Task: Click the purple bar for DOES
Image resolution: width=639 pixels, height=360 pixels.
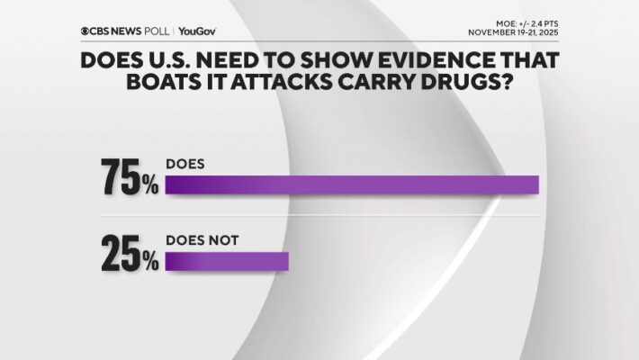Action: click(x=351, y=184)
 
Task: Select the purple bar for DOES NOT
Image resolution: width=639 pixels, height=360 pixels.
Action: click(x=227, y=260)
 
